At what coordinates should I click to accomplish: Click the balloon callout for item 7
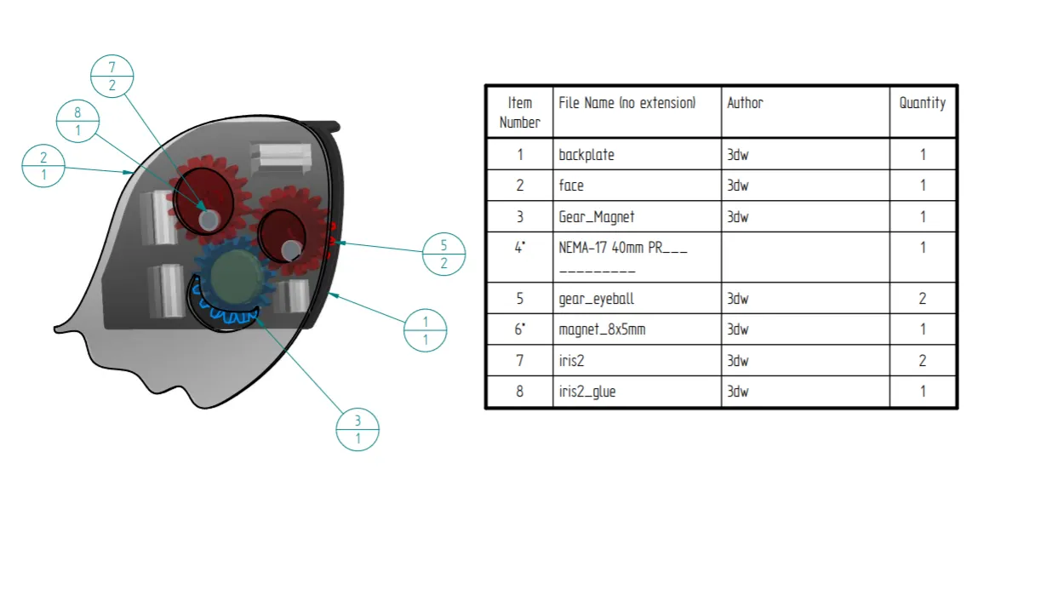(x=112, y=76)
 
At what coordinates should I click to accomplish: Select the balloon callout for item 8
(x=77, y=121)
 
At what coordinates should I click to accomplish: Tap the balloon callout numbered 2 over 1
(x=43, y=166)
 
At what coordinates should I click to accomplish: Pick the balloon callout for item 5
(x=443, y=254)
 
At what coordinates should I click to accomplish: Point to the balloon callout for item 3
(x=358, y=429)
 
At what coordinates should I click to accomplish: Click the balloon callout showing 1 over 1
(x=426, y=330)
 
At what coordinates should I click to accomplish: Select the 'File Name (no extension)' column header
(x=627, y=103)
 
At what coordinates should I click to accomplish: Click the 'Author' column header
(x=745, y=103)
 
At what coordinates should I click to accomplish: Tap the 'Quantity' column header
(x=923, y=103)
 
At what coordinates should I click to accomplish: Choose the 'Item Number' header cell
(x=519, y=112)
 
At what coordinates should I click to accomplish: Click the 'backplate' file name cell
(x=586, y=155)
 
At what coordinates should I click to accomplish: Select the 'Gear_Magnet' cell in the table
(x=597, y=217)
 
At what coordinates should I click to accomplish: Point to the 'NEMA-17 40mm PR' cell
(x=622, y=249)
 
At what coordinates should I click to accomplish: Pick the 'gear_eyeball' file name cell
(x=597, y=299)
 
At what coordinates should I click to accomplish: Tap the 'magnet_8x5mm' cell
(x=602, y=329)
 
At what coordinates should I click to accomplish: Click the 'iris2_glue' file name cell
(x=587, y=392)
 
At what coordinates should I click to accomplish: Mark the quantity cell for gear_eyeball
(x=923, y=299)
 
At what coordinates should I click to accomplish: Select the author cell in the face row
(x=738, y=186)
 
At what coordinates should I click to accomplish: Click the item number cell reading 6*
(x=519, y=329)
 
